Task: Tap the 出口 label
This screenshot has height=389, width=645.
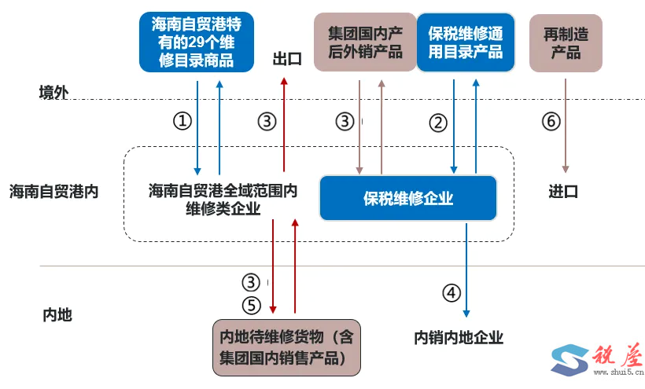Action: (x=287, y=60)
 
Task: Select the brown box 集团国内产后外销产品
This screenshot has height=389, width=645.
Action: (x=365, y=42)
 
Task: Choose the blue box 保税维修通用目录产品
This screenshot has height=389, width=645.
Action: (x=466, y=42)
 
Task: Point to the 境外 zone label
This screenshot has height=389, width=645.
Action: (x=54, y=92)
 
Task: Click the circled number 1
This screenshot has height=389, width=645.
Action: (x=182, y=121)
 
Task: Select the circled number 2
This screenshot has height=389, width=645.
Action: (x=438, y=122)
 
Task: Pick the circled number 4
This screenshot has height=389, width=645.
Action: (x=451, y=292)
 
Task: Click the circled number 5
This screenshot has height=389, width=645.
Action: (x=250, y=304)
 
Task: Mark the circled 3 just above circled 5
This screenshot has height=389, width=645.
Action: (x=250, y=282)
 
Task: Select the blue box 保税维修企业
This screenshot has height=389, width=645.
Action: (x=408, y=198)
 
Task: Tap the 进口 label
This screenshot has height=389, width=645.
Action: (x=563, y=191)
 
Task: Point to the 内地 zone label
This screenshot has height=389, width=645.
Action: (x=57, y=314)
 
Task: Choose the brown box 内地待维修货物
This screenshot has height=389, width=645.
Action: (x=287, y=347)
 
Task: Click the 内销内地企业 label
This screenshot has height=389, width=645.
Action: (x=459, y=338)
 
